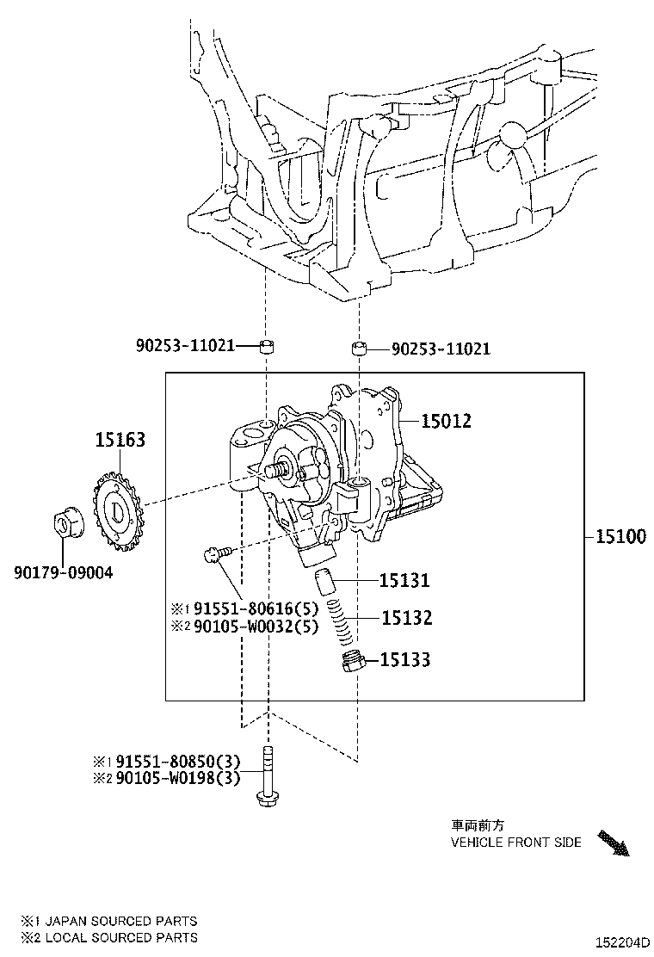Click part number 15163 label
(120, 440)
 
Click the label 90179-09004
(63, 571)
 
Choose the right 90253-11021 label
(441, 349)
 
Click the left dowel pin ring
(267, 347)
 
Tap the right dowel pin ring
(358, 349)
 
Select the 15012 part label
(446, 421)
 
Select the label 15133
(405, 660)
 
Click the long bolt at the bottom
(268, 778)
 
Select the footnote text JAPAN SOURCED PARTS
(120, 921)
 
